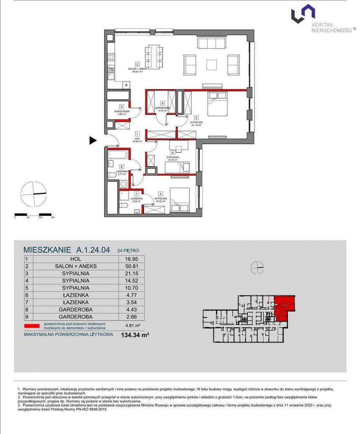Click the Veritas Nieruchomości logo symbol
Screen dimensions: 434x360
(x=303, y=13)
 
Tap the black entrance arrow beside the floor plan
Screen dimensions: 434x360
(x=93, y=141)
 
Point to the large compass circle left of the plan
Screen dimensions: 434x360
(x=33, y=194)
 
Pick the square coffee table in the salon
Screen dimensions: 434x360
(x=212, y=64)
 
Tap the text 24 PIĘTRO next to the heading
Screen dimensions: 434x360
(x=128, y=251)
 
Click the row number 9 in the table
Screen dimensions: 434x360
(x=27, y=317)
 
